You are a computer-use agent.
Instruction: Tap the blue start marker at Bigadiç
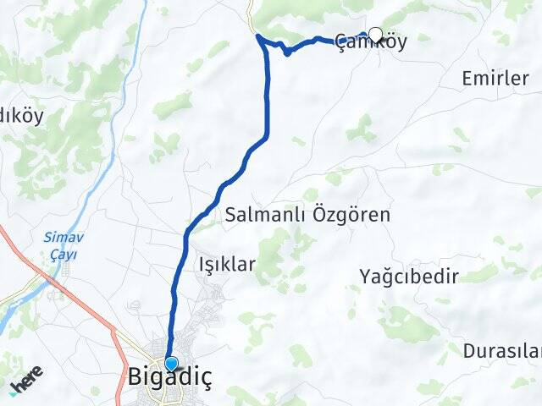(x=171, y=364)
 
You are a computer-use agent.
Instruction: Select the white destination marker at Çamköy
(x=375, y=35)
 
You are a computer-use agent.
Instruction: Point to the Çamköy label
(x=371, y=41)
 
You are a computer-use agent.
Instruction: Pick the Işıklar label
(x=226, y=265)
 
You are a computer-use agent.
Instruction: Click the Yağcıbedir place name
(x=408, y=276)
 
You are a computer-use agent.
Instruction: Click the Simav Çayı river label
(x=61, y=245)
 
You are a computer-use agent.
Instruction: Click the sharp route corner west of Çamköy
(x=258, y=37)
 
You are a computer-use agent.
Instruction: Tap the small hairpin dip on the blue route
(x=288, y=52)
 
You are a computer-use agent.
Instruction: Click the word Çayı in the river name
(x=61, y=253)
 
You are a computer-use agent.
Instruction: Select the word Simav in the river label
(x=61, y=238)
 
